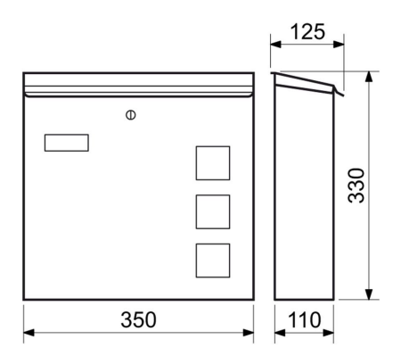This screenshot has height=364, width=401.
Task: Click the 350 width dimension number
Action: (138, 319)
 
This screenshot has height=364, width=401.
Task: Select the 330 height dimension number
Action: (356, 186)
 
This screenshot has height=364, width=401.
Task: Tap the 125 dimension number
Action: (307, 31)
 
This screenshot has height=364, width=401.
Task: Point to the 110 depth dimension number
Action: (305, 319)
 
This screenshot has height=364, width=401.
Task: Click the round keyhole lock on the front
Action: (131, 115)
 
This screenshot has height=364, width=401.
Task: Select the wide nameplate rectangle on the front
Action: (67, 143)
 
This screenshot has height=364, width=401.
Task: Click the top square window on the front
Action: (213, 163)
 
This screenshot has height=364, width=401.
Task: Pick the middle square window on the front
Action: (213, 211)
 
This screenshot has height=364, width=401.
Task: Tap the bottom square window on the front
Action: (213, 261)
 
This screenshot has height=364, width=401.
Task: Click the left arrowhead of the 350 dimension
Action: (29, 333)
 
